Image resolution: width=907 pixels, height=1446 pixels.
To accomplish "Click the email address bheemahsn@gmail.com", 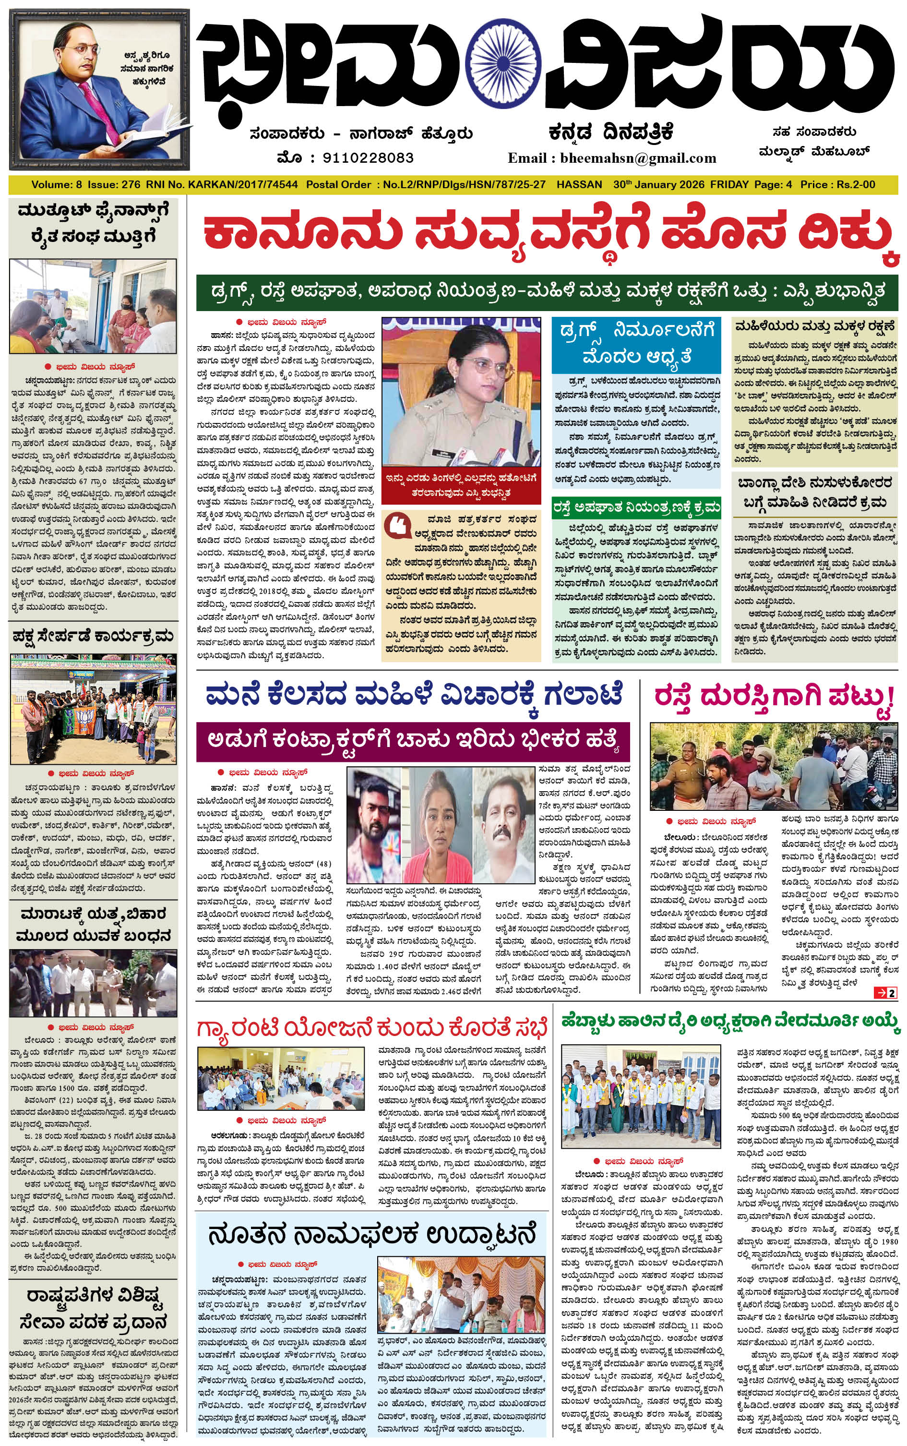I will tap(638, 158).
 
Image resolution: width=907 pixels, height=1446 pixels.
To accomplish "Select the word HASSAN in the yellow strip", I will tap(579, 185).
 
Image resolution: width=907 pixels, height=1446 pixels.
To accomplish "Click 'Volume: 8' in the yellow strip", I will tap(57, 185).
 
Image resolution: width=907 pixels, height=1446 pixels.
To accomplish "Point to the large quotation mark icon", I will tap(398, 525).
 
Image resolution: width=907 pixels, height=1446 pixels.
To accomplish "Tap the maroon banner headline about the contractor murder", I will tap(413, 741).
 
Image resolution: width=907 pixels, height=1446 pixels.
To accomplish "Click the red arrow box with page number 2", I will tap(886, 993).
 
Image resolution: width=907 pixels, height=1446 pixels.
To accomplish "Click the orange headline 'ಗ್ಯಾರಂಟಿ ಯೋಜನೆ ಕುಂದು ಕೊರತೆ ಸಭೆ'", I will tap(372, 1028).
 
